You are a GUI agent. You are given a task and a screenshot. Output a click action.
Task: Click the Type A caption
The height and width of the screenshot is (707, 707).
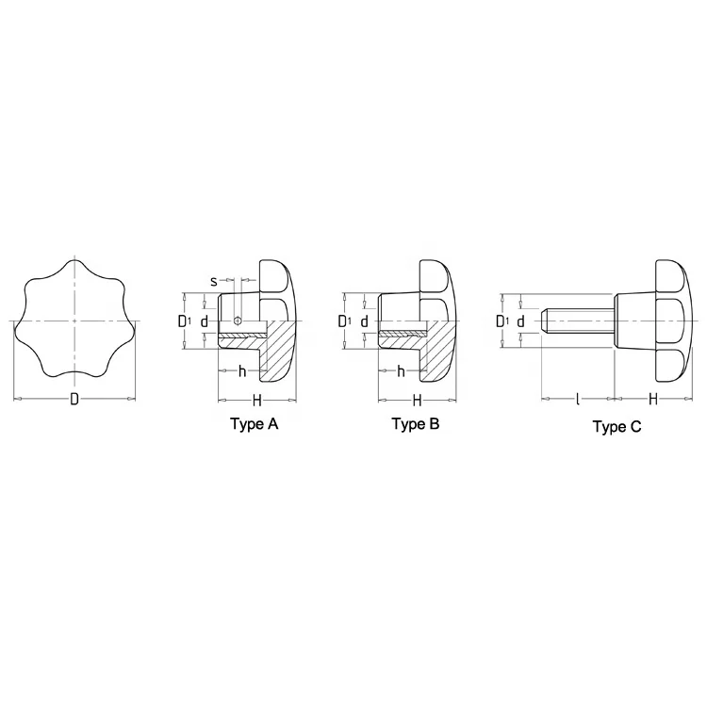click(x=255, y=424)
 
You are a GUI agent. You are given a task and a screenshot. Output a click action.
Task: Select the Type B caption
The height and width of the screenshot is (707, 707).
click(x=416, y=424)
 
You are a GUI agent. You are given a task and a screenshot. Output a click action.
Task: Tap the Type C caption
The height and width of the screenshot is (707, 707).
click(x=617, y=427)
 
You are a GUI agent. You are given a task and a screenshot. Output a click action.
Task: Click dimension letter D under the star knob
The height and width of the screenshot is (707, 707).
click(x=74, y=400)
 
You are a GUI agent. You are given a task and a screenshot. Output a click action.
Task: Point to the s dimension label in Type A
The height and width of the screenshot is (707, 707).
click(x=214, y=281)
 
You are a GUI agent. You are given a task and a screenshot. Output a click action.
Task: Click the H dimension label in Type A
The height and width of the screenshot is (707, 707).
click(x=257, y=400)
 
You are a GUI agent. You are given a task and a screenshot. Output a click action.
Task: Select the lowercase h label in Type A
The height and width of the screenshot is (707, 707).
click(x=241, y=370)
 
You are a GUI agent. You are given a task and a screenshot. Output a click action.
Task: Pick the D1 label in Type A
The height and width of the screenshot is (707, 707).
click(x=184, y=321)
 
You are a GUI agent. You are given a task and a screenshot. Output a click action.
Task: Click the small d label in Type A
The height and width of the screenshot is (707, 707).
click(x=204, y=321)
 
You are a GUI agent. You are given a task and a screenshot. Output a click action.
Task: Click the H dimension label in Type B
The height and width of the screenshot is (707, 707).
click(x=417, y=400)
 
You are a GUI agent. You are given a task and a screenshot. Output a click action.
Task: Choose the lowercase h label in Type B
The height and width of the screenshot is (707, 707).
click(x=401, y=370)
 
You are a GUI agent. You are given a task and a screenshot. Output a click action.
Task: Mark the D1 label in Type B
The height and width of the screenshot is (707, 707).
click(x=344, y=321)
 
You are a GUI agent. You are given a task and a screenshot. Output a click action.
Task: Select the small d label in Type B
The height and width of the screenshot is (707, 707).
click(x=364, y=321)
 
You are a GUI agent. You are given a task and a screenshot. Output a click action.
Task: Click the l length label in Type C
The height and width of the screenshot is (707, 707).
click(x=577, y=400)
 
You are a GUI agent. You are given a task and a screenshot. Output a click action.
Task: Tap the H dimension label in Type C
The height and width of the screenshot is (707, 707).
click(x=651, y=400)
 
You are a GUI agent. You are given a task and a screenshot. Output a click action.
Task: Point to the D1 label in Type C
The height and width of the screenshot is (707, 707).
click(x=501, y=321)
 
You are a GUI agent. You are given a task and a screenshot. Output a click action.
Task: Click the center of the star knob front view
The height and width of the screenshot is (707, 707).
click(x=74, y=321)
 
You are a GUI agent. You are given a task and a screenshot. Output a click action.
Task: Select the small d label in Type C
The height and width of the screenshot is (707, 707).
click(x=520, y=321)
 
